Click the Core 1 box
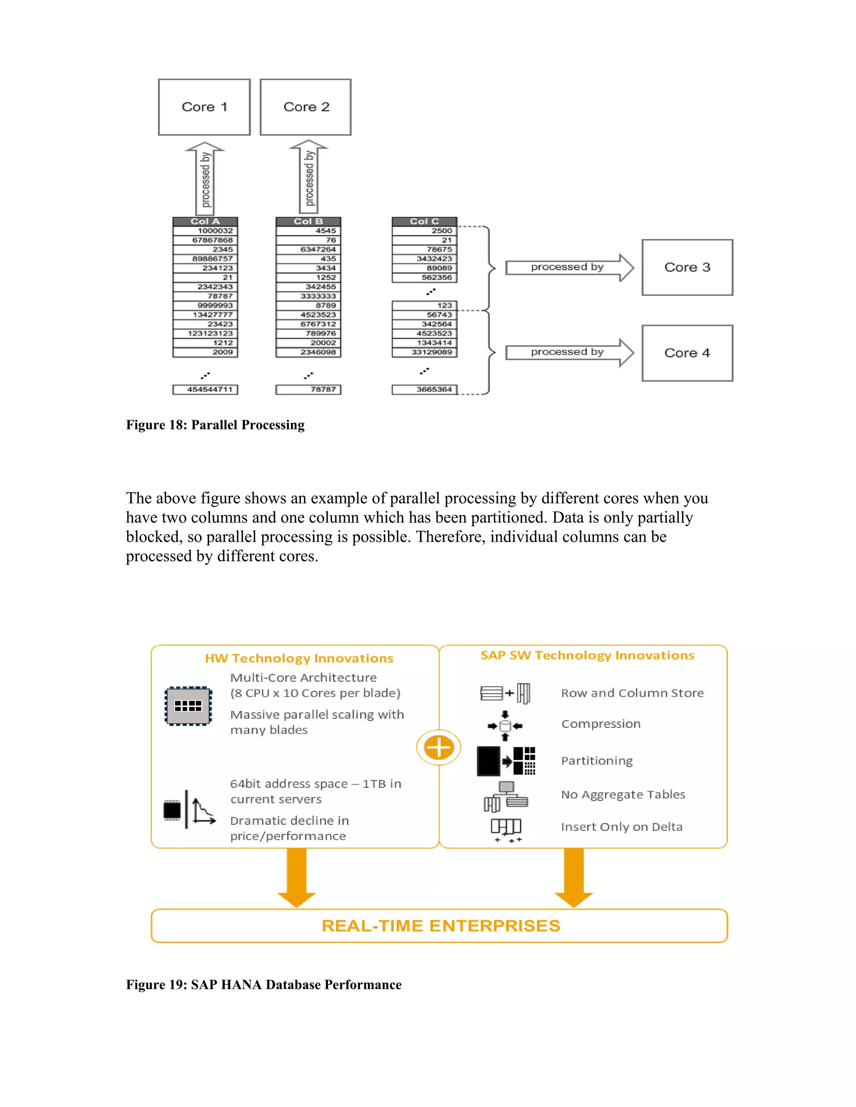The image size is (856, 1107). click(204, 107)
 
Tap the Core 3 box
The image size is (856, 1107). click(687, 267)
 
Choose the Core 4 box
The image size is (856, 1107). click(687, 353)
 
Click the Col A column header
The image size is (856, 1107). click(205, 221)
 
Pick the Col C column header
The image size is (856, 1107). click(425, 221)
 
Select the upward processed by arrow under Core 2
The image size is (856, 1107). click(309, 178)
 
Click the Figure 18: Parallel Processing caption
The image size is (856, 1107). click(215, 425)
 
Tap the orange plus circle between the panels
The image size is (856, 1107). click(438, 748)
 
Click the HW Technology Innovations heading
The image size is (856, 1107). click(299, 658)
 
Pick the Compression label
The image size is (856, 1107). click(601, 724)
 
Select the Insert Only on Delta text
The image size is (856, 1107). click(621, 827)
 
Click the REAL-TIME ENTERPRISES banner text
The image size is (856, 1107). click(441, 926)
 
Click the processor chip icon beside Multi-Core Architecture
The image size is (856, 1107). click(188, 706)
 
